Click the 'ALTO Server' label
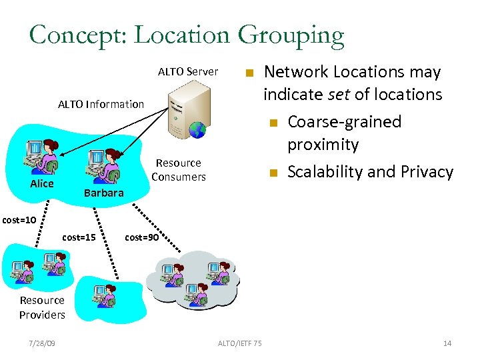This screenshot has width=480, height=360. click(x=187, y=71)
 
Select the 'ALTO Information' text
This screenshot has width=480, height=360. click(x=101, y=104)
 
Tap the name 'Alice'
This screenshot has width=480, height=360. click(x=42, y=183)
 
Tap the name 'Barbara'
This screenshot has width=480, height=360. click(x=103, y=193)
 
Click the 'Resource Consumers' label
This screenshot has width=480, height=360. click(x=178, y=170)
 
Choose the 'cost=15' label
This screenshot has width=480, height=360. click(x=79, y=237)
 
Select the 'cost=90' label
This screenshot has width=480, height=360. click(x=141, y=237)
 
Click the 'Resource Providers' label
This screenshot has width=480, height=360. click(x=42, y=307)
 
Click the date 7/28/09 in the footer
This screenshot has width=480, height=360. click(x=42, y=343)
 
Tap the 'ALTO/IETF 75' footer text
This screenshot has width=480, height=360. click(x=239, y=343)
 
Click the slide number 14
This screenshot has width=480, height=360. click(x=447, y=343)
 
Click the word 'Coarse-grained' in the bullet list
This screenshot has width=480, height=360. click(x=344, y=122)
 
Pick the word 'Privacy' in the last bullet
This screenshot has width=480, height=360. click(x=423, y=172)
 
